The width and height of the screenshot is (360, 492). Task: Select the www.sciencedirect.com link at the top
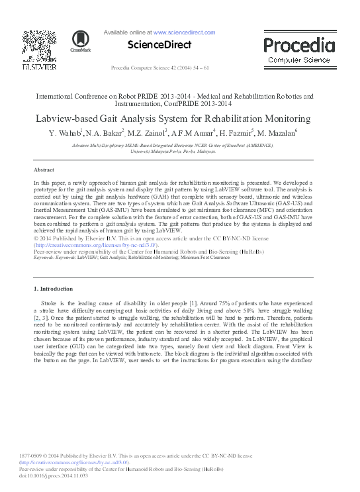click(x=184, y=32)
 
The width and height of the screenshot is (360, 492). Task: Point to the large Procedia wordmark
click(x=299, y=46)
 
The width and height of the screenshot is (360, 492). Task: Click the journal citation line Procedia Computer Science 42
click(x=160, y=68)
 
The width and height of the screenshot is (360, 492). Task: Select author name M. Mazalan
click(x=277, y=134)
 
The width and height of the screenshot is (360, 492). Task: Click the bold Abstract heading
click(x=44, y=170)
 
